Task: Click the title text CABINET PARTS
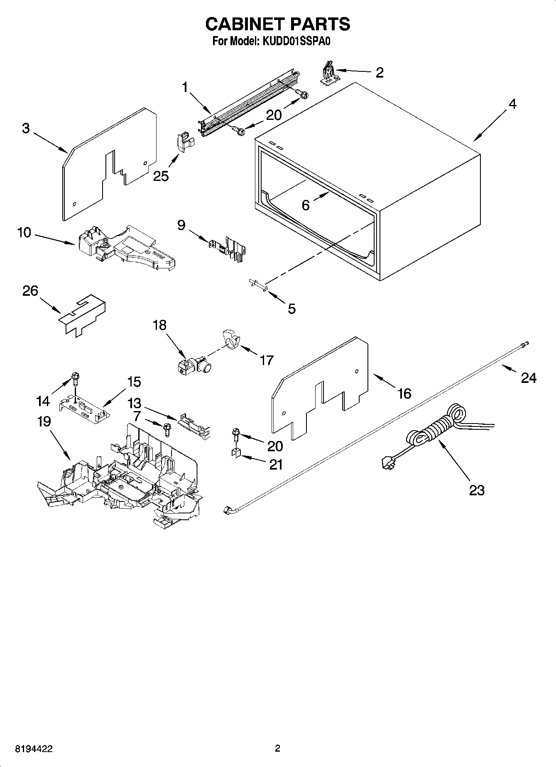(x=277, y=24)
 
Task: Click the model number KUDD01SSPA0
(x=295, y=41)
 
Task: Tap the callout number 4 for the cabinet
(x=512, y=104)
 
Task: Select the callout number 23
(x=477, y=490)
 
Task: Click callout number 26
(x=30, y=291)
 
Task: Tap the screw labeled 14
(x=76, y=377)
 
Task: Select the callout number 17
(x=267, y=360)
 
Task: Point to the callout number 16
(x=404, y=393)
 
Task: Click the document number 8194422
(x=34, y=749)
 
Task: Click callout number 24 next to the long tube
(x=528, y=378)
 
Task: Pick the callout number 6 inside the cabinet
(x=306, y=205)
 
